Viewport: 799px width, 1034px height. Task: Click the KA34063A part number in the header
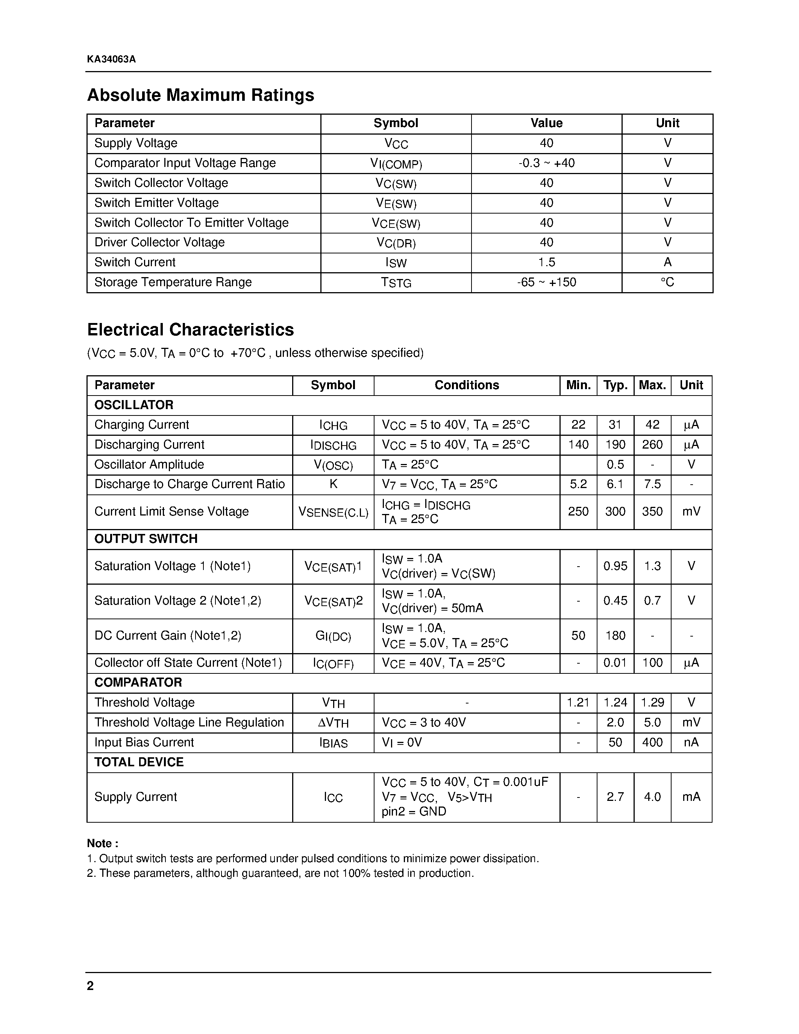click(111, 59)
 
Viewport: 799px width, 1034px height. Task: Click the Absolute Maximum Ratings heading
click(200, 95)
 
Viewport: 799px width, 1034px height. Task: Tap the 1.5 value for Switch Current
click(546, 262)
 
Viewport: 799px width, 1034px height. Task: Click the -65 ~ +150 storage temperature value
click(546, 282)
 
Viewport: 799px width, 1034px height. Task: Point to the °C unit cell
click(667, 282)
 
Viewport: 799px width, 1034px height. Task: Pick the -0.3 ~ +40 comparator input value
click(546, 163)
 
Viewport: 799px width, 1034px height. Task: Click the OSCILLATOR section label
click(134, 405)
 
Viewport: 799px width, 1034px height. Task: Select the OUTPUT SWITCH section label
click(146, 539)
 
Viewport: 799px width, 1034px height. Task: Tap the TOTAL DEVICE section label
click(139, 762)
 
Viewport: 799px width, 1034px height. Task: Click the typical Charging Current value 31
click(615, 425)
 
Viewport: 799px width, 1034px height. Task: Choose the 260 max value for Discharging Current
click(652, 444)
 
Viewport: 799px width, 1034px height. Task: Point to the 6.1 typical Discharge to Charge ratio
click(615, 484)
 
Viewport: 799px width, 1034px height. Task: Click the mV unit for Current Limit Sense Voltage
click(691, 511)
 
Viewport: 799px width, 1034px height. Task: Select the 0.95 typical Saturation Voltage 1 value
click(615, 566)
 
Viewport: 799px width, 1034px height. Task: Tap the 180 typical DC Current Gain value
click(615, 636)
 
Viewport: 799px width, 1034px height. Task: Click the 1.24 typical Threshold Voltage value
click(615, 703)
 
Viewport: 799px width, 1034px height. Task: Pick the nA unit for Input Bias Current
click(691, 742)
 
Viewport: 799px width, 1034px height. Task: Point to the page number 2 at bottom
click(90, 986)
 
